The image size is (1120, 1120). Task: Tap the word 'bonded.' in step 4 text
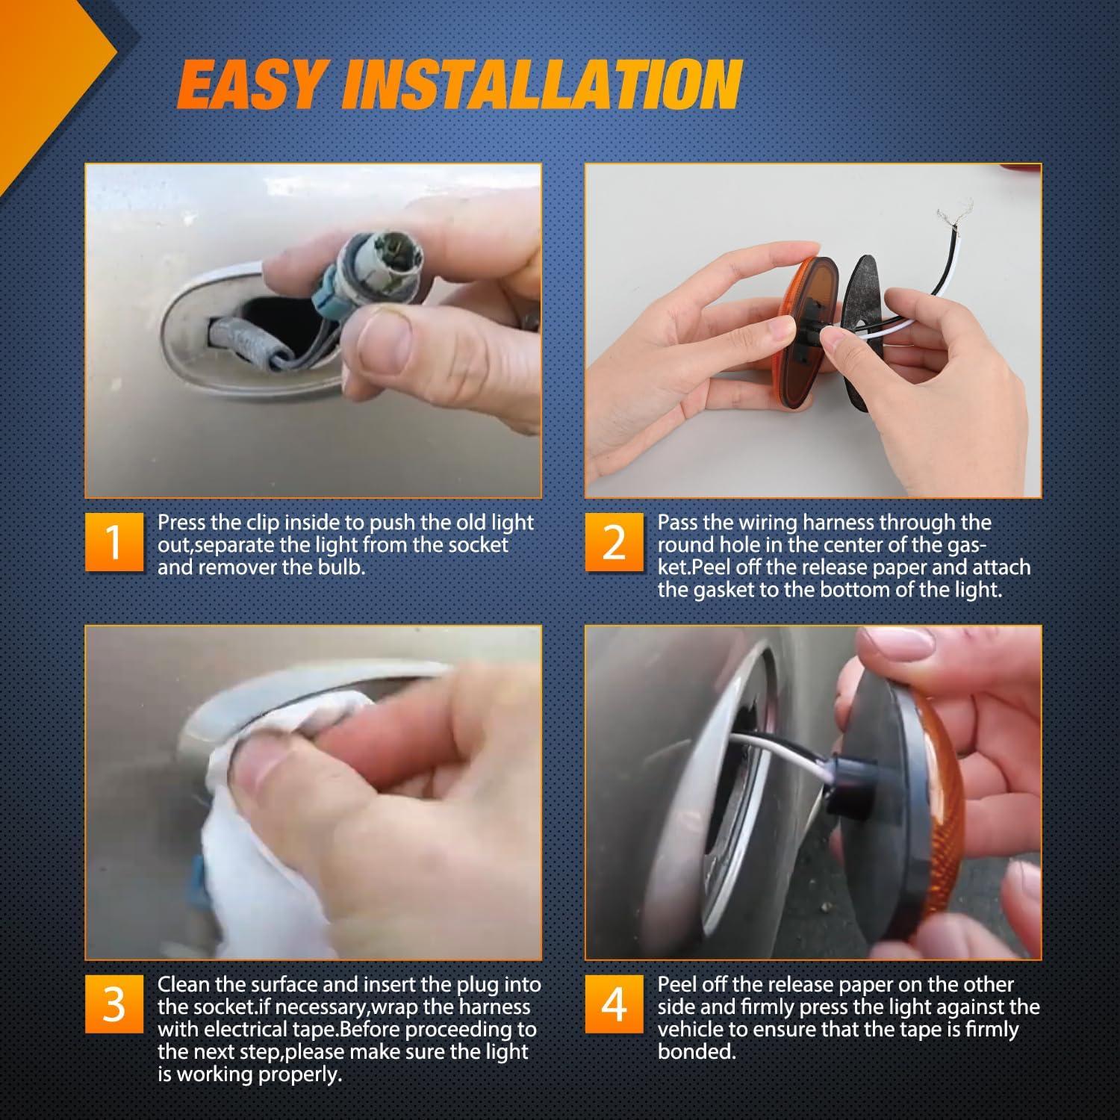697,1052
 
